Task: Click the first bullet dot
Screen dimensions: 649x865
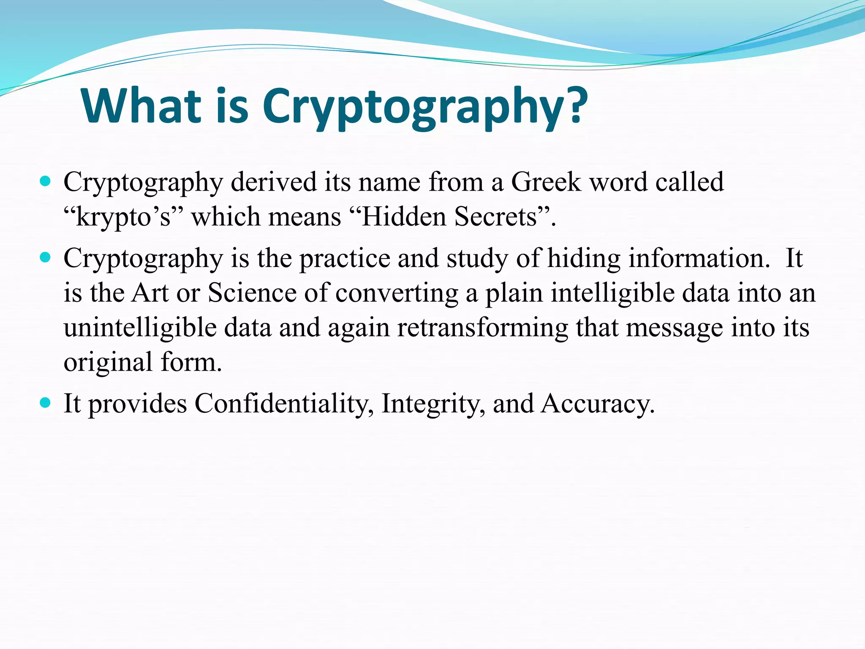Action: (x=45, y=182)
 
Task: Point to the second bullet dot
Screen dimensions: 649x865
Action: (x=45, y=257)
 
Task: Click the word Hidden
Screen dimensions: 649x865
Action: (x=404, y=217)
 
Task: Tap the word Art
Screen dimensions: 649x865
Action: (x=150, y=293)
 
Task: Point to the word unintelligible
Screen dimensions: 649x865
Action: (x=140, y=328)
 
